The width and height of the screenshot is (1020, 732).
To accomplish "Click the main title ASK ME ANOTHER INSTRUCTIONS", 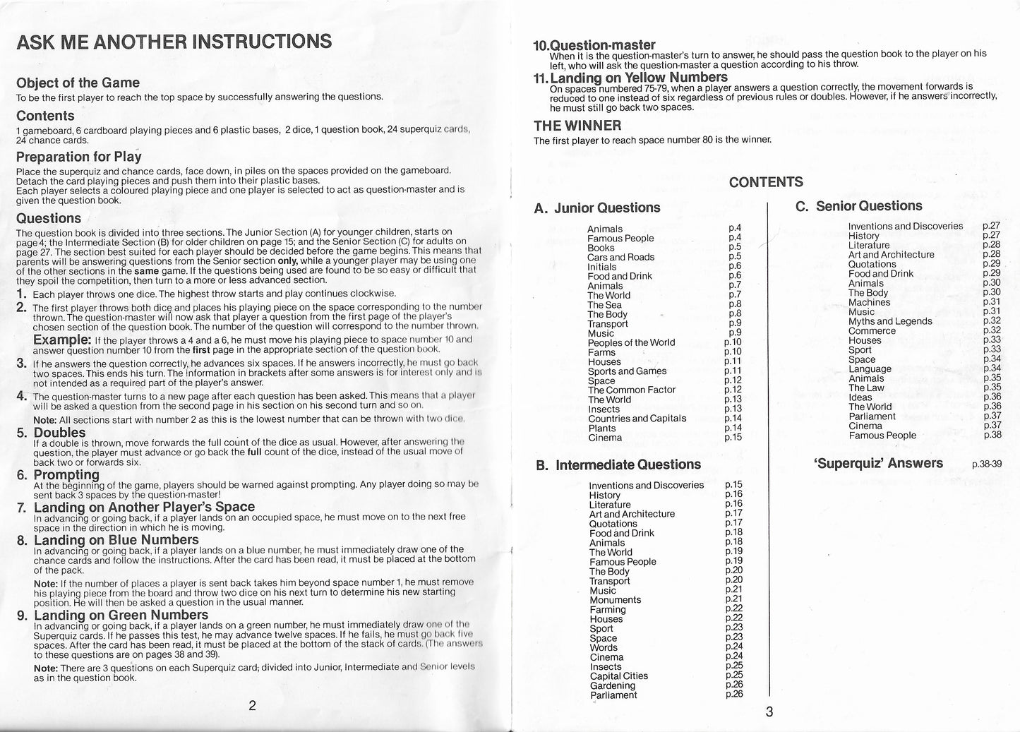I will tap(174, 42).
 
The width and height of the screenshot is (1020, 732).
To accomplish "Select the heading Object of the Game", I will tap(78, 83).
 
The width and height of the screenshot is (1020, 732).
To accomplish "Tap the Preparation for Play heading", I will tap(78, 157).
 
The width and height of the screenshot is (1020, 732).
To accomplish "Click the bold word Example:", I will tap(62, 340).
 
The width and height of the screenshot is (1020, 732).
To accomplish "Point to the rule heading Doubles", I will tap(59, 433).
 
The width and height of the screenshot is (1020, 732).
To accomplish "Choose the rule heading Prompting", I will tap(66, 475).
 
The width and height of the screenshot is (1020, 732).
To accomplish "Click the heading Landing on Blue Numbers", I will tap(116, 541).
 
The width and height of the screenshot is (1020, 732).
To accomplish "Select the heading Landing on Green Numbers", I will tap(121, 616).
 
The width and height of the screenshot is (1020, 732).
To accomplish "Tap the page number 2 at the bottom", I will tap(252, 706).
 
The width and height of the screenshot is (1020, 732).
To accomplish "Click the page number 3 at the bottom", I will tap(769, 712).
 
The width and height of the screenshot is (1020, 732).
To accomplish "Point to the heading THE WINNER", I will tap(577, 126).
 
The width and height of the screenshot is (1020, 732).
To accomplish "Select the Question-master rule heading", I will tap(594, 45).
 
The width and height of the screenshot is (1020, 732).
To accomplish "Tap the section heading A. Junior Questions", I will tap(598, 208).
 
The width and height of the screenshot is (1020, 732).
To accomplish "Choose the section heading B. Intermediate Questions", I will tap(618, 465).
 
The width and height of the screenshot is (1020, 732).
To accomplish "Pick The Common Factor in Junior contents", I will tap(631, 390).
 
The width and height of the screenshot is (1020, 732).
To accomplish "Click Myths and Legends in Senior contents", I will tap(889, 321).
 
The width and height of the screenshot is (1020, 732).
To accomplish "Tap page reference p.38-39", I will tap(986, 465).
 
